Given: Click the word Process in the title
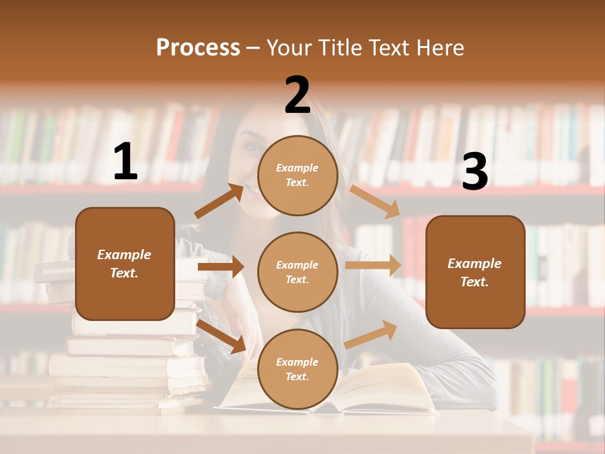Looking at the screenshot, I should click(x=198, y=47).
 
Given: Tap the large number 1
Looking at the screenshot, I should click(x=125, y=162).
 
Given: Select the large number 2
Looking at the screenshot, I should click(x=297, y=95).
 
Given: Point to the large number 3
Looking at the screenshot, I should click(x=475, y=172).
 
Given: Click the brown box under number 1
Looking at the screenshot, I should click(x=125, y=264).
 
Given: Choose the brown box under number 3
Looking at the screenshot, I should click(x=475, y=272).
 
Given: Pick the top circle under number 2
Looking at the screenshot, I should click(x=297, y=175).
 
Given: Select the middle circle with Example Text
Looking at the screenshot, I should click(x=297, y=272).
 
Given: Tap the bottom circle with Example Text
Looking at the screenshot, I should click(x=297, y=370).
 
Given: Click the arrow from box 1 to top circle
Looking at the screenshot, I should click(x=219, y=201).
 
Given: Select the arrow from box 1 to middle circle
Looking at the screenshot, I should click(x=221, y=267).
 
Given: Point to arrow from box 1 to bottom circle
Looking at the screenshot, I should click(x=221, y=336).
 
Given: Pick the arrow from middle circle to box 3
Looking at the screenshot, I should click(x=373, y=265).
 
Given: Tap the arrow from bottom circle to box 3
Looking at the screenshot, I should click(x=371, y=334).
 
